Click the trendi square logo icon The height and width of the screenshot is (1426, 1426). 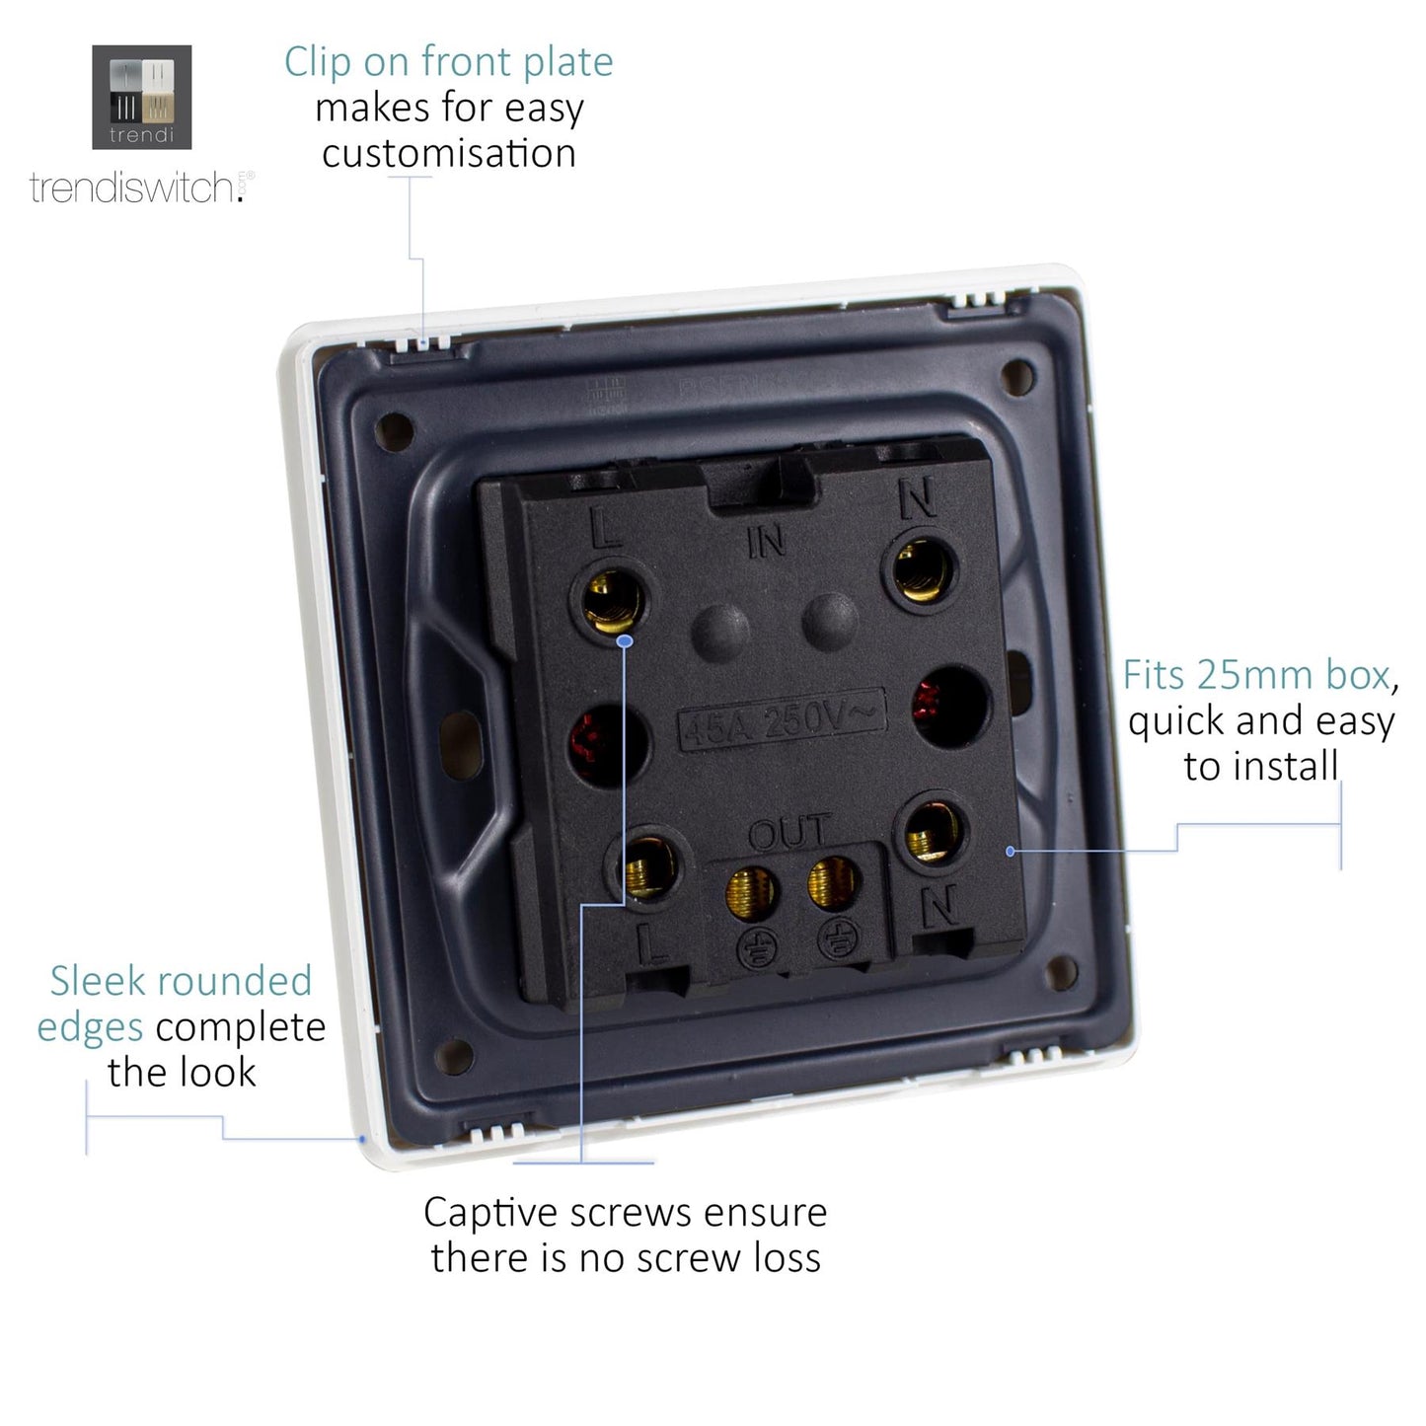141,97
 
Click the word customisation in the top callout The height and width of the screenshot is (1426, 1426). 449,154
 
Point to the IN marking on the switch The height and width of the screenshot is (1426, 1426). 766,541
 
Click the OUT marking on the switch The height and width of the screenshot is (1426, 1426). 789,834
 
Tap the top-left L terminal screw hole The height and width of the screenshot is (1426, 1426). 608,600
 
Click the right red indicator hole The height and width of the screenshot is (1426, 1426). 949,704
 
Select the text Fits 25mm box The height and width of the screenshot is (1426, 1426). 1256,675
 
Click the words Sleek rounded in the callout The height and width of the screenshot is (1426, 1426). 181,981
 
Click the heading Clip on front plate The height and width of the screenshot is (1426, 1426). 448,62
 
